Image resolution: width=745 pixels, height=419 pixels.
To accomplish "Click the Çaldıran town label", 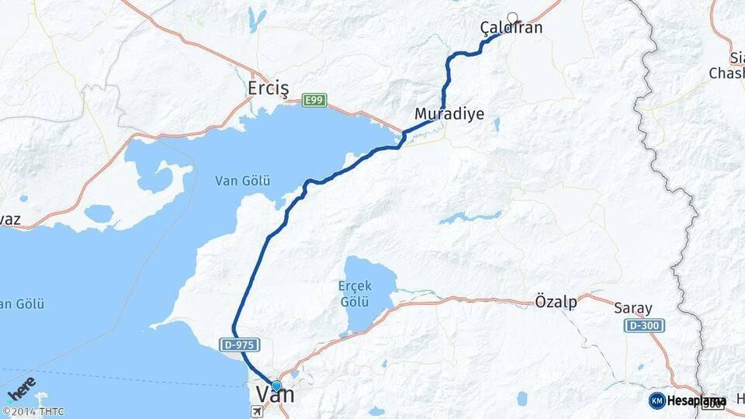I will tap(511, 29).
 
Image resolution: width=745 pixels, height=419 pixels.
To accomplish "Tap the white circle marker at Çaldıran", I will tap(512, 17).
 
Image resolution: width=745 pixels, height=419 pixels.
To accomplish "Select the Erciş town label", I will tap(269, 88).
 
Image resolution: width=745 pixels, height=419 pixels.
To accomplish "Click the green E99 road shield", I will tap(314, 100).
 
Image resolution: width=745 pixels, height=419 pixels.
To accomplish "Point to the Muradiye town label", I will tap(449, 114).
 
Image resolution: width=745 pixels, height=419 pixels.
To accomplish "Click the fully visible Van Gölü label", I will tap(242, 181).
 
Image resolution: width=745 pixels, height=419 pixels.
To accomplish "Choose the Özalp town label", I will tap(556, 302).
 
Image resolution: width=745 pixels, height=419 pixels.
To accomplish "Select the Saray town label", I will tap(632, 308).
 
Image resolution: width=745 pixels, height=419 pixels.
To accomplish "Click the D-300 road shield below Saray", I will tap(643, 325).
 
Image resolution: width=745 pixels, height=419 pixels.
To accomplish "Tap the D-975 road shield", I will tap(240, 344).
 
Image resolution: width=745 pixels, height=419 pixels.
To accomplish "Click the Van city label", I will tap(275, 394).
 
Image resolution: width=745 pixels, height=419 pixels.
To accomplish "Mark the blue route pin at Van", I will tap(275, 386).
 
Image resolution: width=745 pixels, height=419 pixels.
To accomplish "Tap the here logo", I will tap(22, 387).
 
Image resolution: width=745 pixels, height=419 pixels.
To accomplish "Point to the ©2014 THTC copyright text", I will tap(33, 412).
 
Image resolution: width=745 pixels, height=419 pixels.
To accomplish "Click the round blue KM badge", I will tap(657, 400).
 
